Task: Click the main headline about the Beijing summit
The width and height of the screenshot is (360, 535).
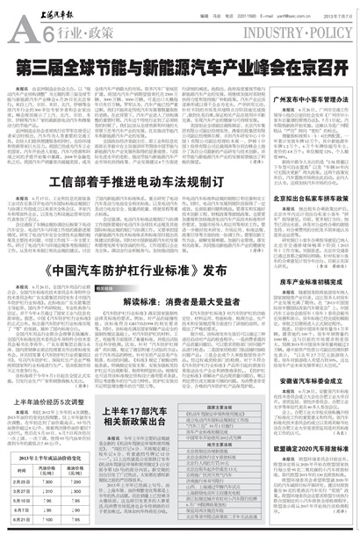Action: pos(180,65)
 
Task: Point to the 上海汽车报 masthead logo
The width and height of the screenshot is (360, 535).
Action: pos(39,12)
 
